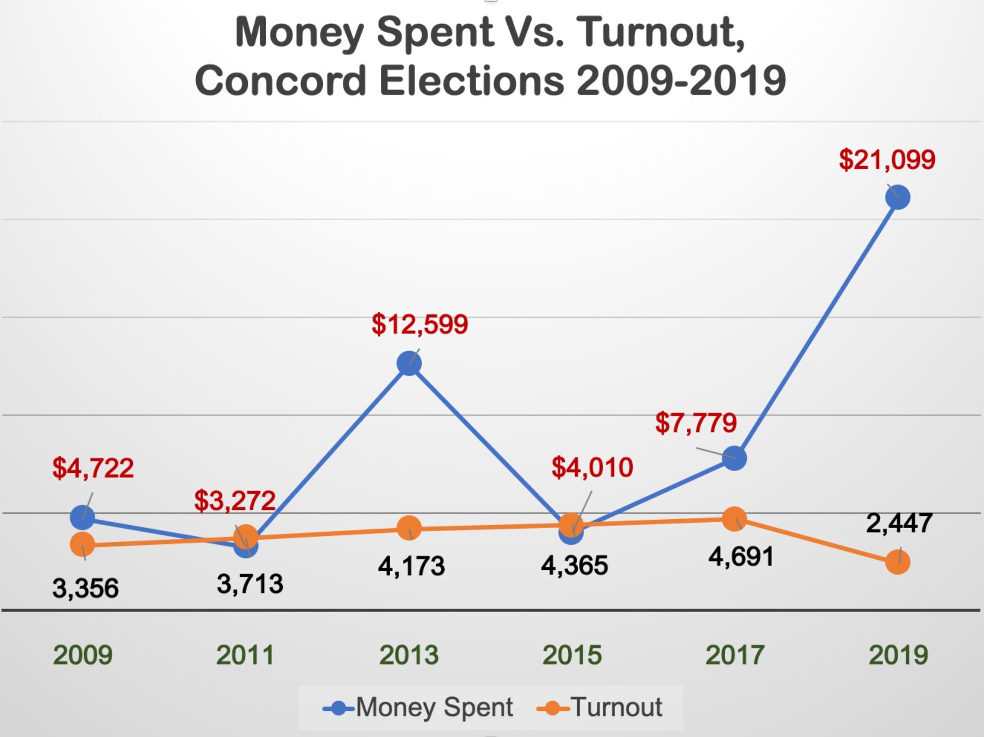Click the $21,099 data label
pos(887,160)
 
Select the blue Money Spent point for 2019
pos(897,197)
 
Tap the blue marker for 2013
pos(409,363)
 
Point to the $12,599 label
pos(420,324)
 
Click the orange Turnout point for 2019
pos(897,562)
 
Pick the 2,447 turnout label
pos(899,523)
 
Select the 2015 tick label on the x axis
pos(572,655)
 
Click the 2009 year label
pos(83,655)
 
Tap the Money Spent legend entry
pos(418,708)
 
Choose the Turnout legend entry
pos(600,708)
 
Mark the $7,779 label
pos(696,423)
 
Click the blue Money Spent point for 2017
pos(734,458)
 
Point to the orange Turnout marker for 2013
pos(409,528)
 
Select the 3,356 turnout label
pos(86,589)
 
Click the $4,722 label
pos(93,468)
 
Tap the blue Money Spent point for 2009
pos(82,517)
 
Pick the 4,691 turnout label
pos(741,557)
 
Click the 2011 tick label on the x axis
pos(245,655)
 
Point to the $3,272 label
pos(234,501)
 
